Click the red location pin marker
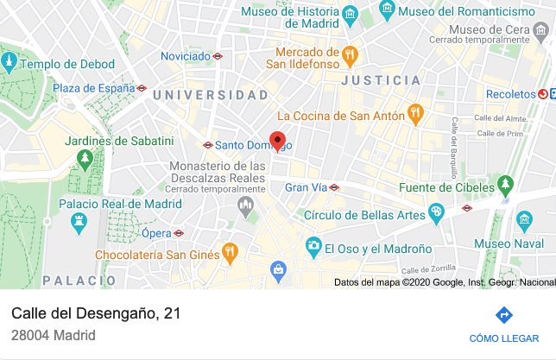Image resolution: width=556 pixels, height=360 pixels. coord(277,141)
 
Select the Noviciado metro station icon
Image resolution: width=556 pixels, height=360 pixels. coord(218,56)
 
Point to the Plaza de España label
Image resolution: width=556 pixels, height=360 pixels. coord(92,88)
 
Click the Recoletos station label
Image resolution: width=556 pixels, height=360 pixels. coord(510,93)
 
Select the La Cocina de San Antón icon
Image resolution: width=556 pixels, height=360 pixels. coord(415,114)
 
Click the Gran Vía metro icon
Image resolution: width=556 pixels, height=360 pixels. coord(334,186)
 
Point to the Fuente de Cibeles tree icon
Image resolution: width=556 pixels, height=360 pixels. coord(505,184)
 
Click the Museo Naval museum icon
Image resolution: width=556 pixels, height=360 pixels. coord(522,222)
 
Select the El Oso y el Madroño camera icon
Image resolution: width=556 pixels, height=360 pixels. coord(313,248)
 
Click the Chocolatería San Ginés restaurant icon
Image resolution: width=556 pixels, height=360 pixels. coord(230,254)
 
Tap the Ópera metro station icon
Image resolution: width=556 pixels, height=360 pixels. coord(179,233)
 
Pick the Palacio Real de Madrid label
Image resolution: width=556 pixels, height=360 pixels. coord(120,204)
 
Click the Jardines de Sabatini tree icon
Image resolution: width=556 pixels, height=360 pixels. coord(85,159)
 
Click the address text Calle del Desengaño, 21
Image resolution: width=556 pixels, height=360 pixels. coord(96,313)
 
